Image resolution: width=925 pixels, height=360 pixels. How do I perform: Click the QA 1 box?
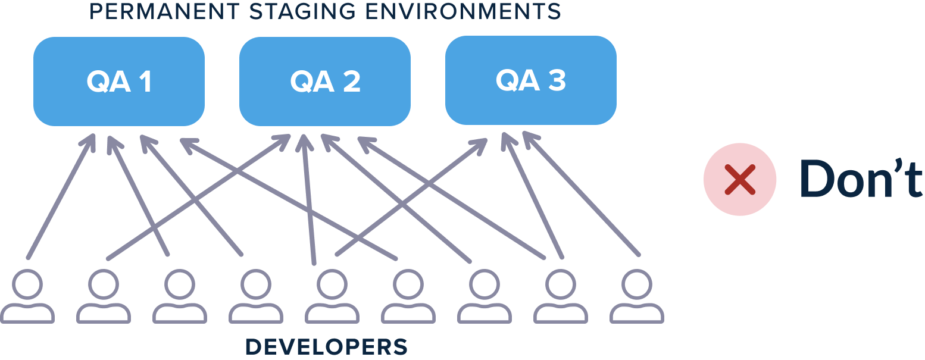(119, 82)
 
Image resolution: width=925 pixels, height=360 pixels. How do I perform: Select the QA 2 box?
(325, 82)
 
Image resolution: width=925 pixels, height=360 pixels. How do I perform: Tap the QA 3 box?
(530, 80)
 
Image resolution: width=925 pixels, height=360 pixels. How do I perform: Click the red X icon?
(739, 179)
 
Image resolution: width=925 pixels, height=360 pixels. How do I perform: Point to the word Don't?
(860, 179)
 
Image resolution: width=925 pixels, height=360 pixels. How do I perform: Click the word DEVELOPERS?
(326, 346)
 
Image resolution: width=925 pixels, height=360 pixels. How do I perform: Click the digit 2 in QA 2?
(351, 82)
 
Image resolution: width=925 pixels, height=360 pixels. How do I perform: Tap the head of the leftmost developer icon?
(27, 284)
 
